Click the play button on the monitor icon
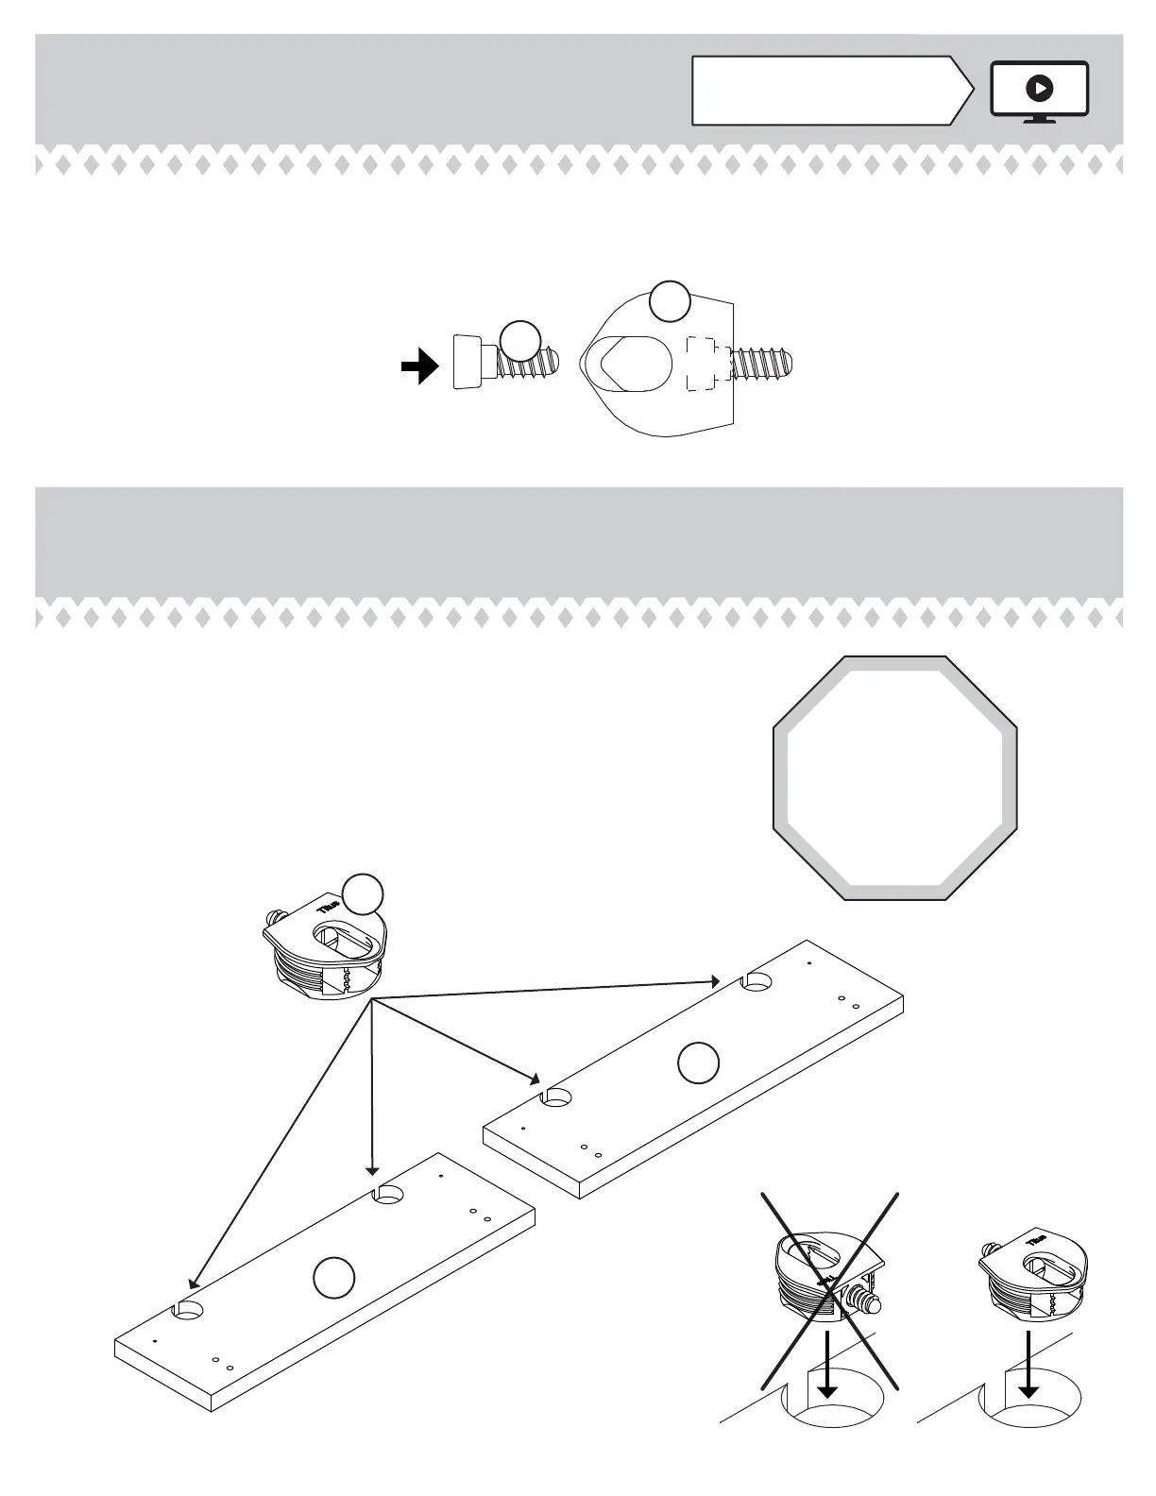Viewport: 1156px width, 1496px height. click(1039, 89)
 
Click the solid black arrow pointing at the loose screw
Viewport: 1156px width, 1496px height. click(419, 366)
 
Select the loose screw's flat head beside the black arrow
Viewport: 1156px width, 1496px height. click(467, 362)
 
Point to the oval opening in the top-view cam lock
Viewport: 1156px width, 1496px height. click(628, 361)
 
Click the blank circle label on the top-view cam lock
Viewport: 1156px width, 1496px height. click(670, 301)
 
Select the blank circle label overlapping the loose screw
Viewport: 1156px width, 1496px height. click(520, 341)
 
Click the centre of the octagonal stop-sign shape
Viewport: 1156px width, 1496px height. click(894, 778)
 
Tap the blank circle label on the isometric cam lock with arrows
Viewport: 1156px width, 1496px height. click(363, 895)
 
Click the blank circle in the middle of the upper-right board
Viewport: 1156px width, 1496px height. click(698, 1062)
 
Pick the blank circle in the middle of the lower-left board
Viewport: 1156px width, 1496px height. click(333, 1278)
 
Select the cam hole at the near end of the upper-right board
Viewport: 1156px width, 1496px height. click(555, 1098)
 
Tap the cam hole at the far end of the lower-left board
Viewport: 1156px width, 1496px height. click(388, 1196)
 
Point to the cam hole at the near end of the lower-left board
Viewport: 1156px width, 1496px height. click(188, 1311)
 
